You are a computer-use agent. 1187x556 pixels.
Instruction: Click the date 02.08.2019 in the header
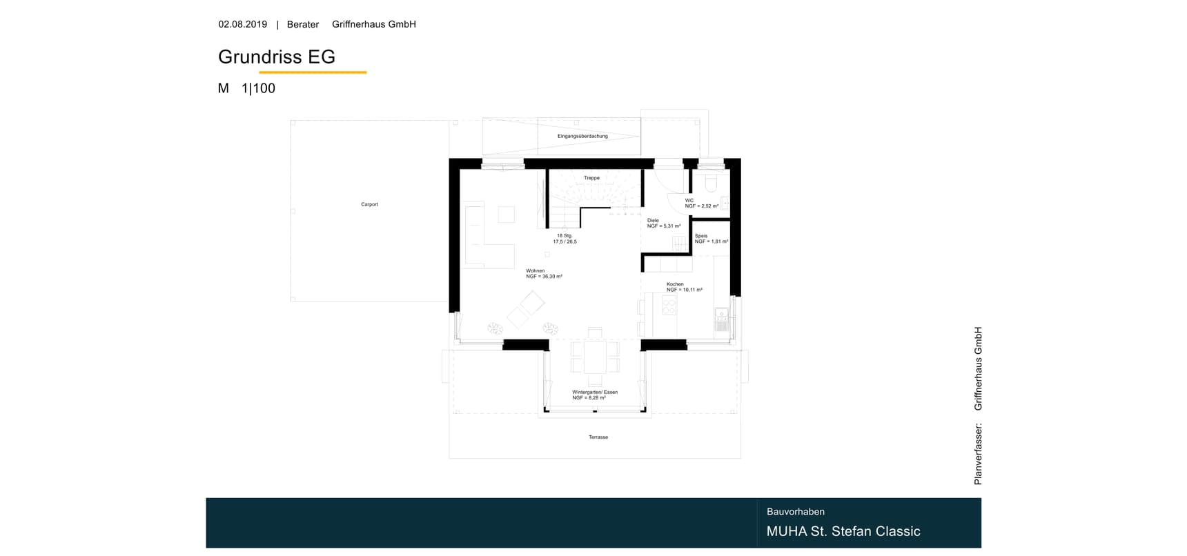[x=243, y=24]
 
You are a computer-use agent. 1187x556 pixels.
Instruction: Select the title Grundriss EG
[x=277, y=57]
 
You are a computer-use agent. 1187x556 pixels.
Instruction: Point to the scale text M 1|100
[x=246, y=88]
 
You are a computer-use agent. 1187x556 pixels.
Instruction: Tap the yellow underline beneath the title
[x=313, y=72]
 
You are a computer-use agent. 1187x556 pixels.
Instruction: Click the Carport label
[x=369, y=204]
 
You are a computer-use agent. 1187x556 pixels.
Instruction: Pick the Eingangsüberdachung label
[x=582, y=136]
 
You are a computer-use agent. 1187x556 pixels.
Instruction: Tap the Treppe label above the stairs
[x=591, y=178]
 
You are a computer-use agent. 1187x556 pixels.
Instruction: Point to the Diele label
[x=653, y=221]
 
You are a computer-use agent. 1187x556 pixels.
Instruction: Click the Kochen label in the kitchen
[x=675, y=284]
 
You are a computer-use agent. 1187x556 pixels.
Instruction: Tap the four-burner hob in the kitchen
[x=669, y=304]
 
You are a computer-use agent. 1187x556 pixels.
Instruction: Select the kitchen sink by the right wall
[x=722, y=320]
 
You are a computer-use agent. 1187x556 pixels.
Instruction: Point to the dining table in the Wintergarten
[x=595, y=357]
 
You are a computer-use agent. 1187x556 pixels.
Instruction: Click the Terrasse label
[x=598, y=437]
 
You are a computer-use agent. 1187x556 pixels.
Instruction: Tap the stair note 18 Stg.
[x=565, y=236]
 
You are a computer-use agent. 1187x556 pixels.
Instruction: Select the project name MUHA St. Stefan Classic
[x=843, y=531]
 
